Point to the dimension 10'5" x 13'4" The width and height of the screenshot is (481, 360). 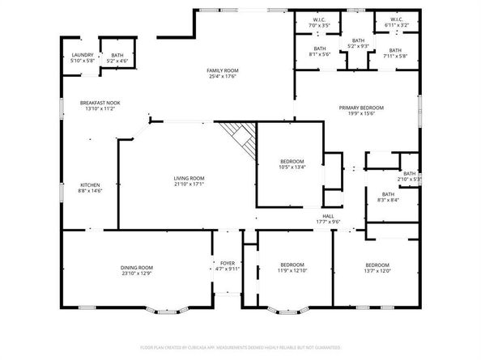click(x=291, y=167)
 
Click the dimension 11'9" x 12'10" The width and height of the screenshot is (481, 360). click(x=292, y=270)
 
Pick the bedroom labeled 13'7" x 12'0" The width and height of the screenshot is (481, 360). click(x=377, y=268)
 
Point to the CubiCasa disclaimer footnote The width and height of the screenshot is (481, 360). click(x=240, y=346)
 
